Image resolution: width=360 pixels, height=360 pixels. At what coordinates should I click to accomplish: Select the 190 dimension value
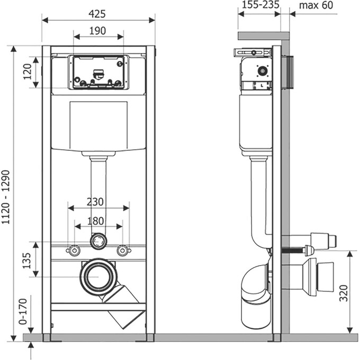98,30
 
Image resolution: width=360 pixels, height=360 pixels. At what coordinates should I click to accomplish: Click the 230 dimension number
96,202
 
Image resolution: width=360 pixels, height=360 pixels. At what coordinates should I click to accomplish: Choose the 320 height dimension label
343,292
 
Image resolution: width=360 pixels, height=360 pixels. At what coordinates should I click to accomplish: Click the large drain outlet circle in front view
98,276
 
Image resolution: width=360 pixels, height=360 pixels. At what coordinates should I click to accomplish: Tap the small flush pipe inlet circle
98,241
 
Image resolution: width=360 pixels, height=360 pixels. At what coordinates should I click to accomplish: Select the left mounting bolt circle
74,250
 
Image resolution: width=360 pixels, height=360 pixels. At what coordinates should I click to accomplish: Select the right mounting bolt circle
123,250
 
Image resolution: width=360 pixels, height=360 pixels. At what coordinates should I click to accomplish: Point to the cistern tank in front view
98,125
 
